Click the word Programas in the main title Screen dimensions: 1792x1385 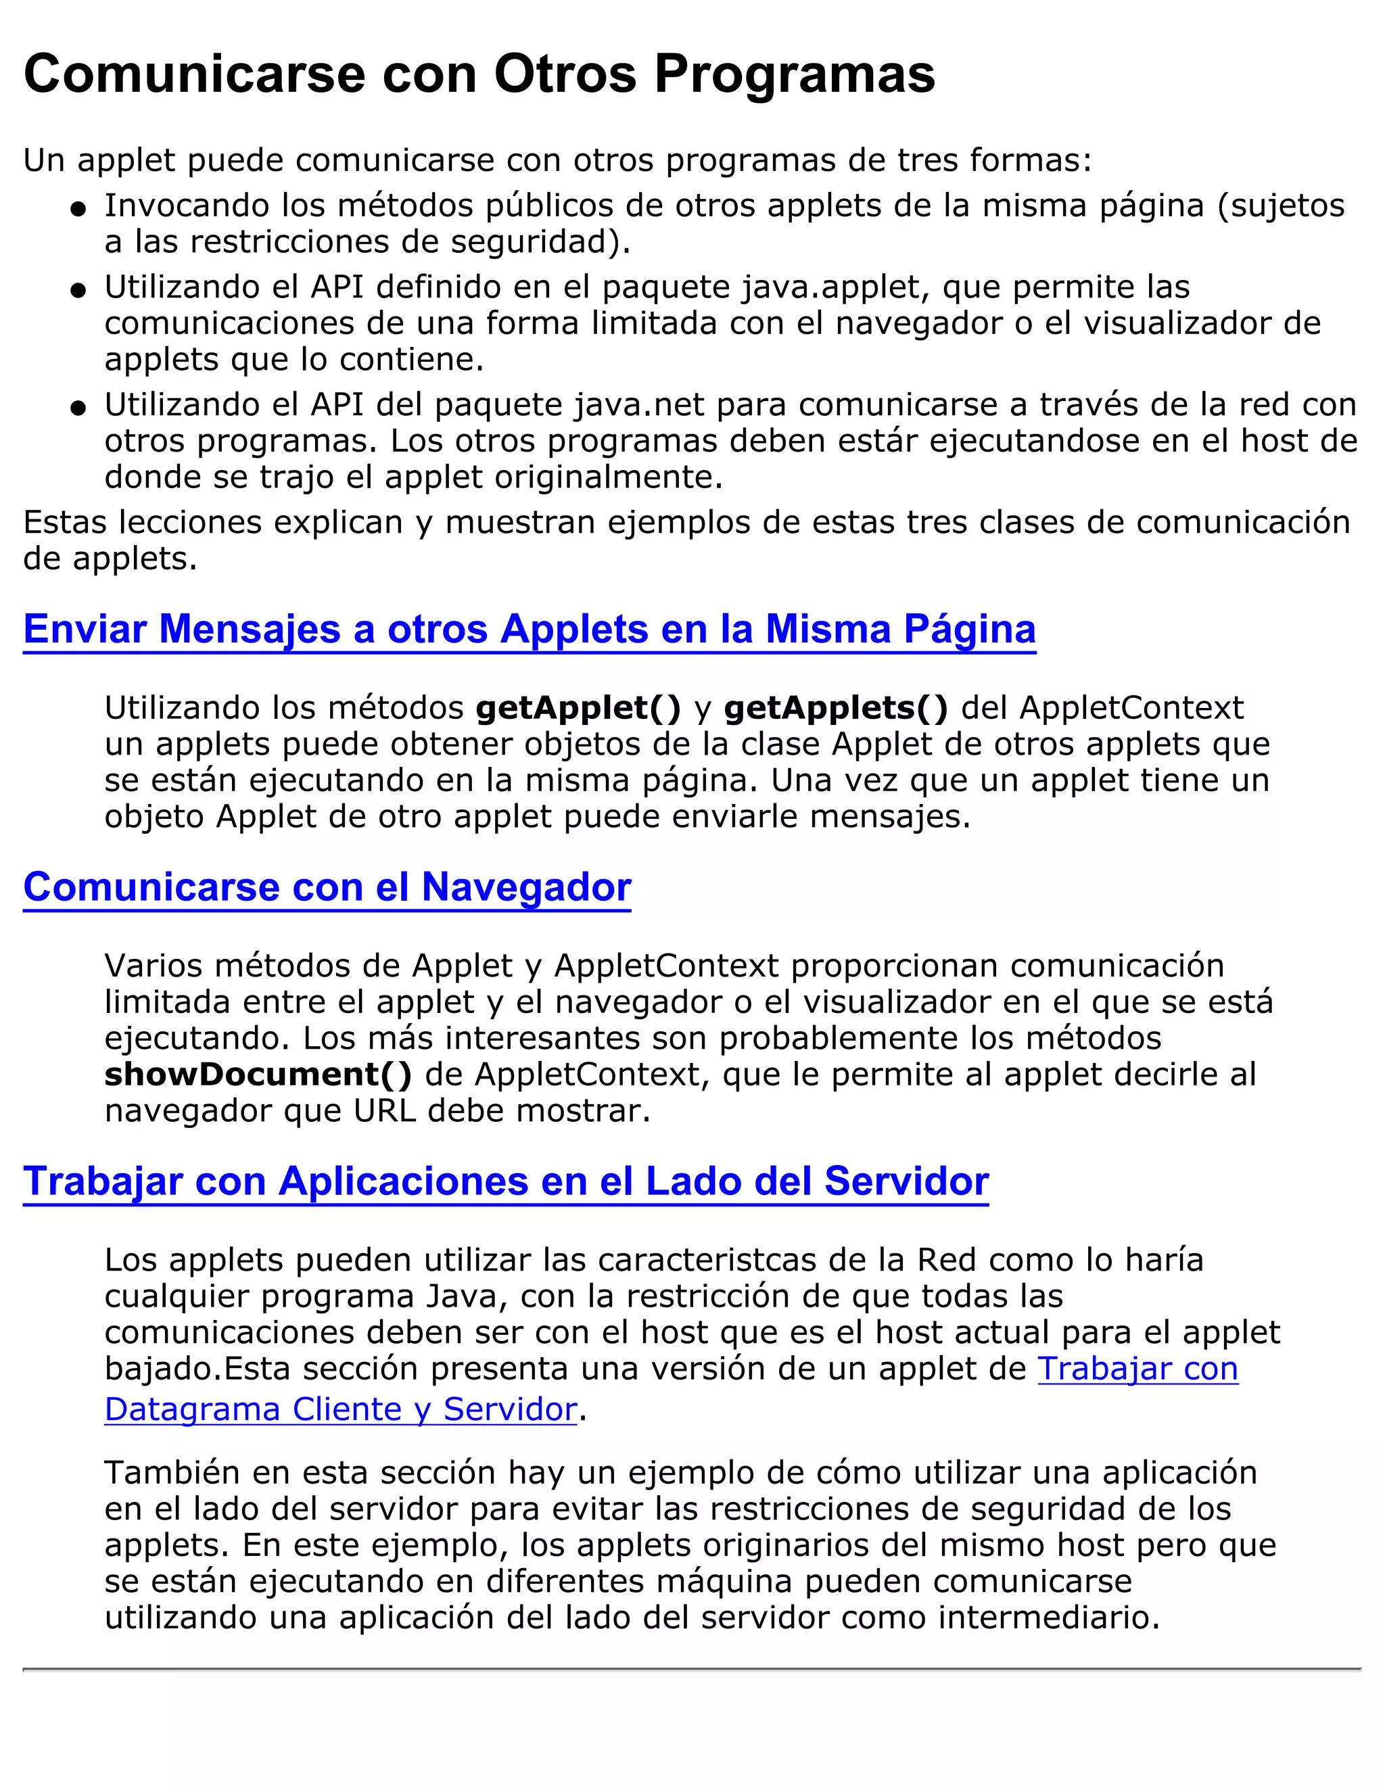pyautogui.click(x=793, y=74)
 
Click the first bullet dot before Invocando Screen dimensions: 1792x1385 pyautogui.click(x=78, y=209)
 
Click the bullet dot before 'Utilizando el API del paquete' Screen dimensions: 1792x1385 pyautogui.click(x=78, y=408)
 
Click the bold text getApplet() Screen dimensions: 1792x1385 pyautogui.click(x=578, y=707)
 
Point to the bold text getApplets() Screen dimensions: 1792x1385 pyautogui.click(x=835, y=707)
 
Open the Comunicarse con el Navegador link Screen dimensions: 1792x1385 pyautogui.click(x=327, y=887)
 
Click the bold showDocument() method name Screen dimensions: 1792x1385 pyautogui.click(x=258, y=1074)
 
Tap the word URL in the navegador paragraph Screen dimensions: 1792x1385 pyautogui.click(x=385, y=1111)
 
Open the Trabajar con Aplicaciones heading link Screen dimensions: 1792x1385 pyautogui.click(x=505, y=1181)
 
